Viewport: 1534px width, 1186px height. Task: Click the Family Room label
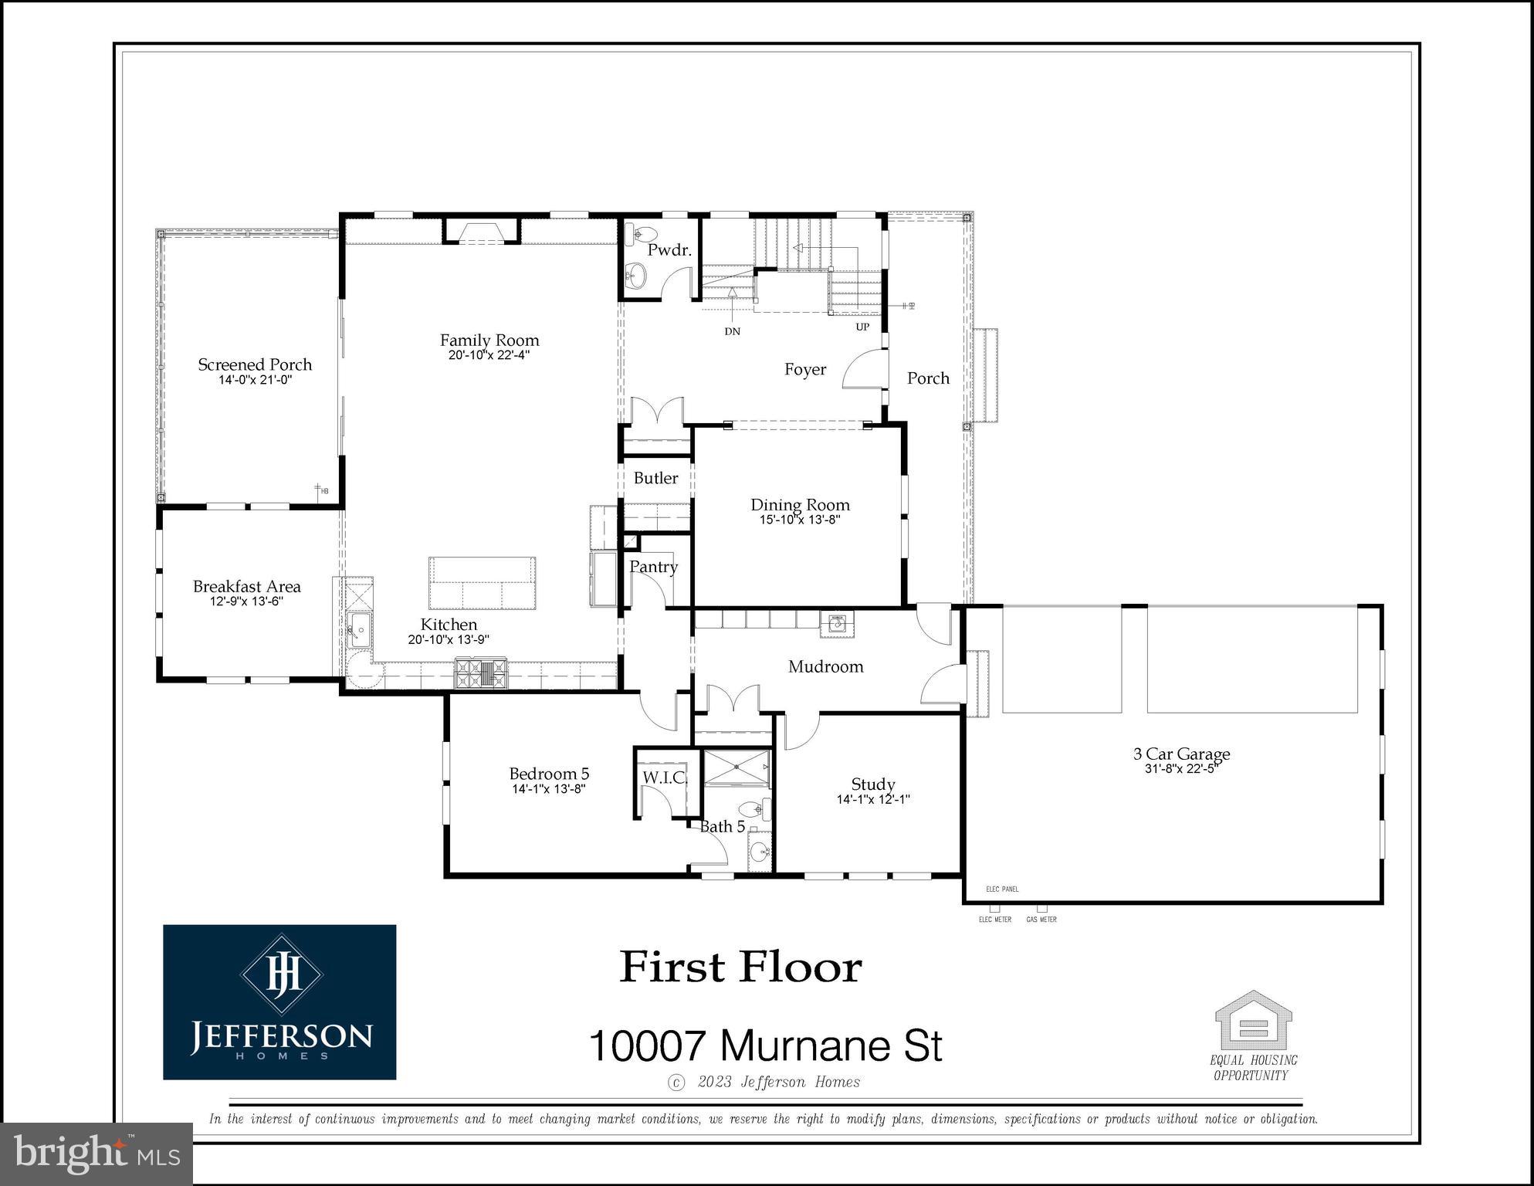(x=489, y=341)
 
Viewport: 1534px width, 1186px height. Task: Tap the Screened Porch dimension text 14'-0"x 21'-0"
(x=255, y=380)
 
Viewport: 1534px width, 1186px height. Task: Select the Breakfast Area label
(x=246, y=587)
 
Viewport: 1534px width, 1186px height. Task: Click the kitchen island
(x=483, y=583)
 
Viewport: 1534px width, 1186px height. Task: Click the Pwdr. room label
(x=669, y=250)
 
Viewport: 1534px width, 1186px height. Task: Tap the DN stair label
(x=732, y=331)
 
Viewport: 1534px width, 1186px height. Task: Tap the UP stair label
(x=862, y=327)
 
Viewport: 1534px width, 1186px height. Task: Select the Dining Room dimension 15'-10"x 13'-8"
(x=800, y=520)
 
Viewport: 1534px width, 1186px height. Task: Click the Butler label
(x=655, y=478)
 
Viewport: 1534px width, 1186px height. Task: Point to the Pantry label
(x=653, y=567)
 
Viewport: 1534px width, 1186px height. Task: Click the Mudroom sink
(x=837, y=625)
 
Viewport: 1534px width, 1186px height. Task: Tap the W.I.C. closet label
(x=665, y=778)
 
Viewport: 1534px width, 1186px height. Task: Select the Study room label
(x=872, y=784)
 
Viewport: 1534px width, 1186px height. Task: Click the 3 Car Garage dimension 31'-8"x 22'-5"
(x=1181, y=769)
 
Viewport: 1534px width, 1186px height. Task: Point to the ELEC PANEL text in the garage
(x=1002, y=889)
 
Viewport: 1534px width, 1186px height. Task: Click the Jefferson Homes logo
(x=279, y=1001)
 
